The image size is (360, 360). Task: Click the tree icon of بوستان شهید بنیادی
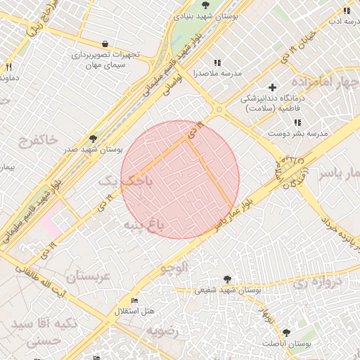(x=205, y=5)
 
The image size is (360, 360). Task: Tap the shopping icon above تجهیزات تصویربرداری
(x=105, y=44)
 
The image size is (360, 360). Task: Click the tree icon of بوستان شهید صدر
(x=93, y=139)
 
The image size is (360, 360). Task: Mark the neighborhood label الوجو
(x=175, y=268)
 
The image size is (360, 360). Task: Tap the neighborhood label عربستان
(x=87, y=276)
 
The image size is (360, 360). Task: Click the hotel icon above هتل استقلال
(x=134, y=301)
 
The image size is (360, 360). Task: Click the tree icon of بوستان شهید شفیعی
(x=226, y=279)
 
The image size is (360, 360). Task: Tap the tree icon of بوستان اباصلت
(x=286, y=333)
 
